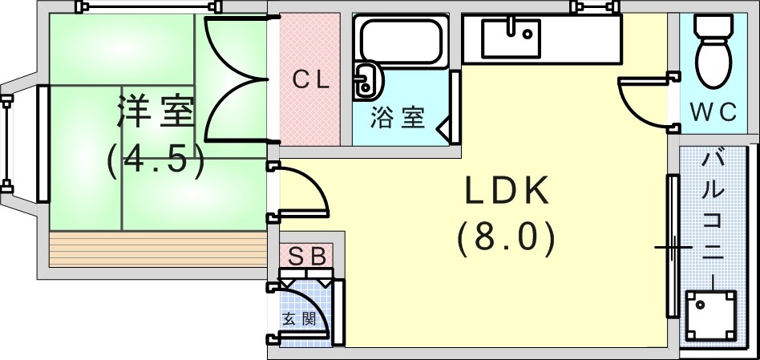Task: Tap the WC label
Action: point(713,112)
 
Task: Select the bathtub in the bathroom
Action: point(402,41)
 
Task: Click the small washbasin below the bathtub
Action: point(366,80)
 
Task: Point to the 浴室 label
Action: point(398,117)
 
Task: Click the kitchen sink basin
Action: point(511,38)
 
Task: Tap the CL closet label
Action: point(311,80)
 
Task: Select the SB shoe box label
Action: point(306,257)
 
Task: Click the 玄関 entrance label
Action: point(299,319)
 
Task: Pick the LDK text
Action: point(507,190)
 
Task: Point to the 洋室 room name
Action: point(155,112)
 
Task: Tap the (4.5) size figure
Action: point(155,160)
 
